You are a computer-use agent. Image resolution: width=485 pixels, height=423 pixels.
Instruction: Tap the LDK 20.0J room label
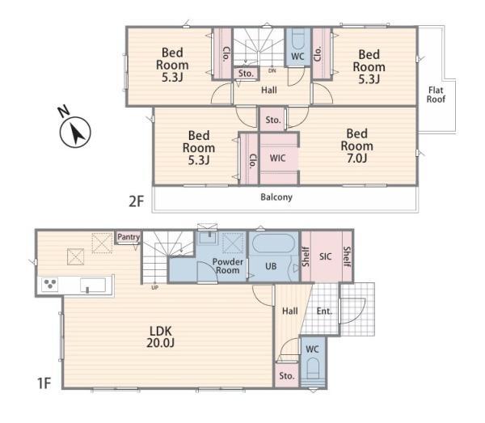[x=161, y=337]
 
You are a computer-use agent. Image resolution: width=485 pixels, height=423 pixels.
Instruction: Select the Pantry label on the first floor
[x=129, y=237]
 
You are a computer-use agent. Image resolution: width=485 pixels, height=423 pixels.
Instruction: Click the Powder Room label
[x=228, y=266]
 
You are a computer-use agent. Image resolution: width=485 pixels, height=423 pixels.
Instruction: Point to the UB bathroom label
[x=271, y=266]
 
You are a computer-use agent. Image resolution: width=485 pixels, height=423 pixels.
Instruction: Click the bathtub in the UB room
[x=273, y=243]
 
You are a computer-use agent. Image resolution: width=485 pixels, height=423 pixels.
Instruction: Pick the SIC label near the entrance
[x=326, y=256]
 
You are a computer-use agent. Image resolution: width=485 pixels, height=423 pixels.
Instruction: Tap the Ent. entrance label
[x=324, y=311]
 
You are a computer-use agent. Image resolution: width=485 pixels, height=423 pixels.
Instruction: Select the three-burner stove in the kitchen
[x=49, y=285]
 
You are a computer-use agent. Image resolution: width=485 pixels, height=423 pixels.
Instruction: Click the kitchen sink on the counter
[x=93, y=285]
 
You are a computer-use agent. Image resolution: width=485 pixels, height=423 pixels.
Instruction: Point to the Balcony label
[x=276, y=197]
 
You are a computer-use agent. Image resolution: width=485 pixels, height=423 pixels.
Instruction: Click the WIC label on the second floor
[x=277, y=159]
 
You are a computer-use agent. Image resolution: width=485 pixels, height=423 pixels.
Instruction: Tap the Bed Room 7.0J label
[x=357, y=146]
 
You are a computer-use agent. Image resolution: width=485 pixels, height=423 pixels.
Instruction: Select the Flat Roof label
[x=436, y=95]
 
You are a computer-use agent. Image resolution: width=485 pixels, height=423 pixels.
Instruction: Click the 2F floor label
[x=137, y=201]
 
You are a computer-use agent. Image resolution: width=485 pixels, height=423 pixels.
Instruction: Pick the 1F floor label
[x=44, y=383]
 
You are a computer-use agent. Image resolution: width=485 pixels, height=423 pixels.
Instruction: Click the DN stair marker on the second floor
[x=272, y=71]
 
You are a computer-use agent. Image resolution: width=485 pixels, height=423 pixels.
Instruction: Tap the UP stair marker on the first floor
[x=155, y=287]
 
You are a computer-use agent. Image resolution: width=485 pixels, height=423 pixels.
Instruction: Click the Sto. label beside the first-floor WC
[x=287, y=376]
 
